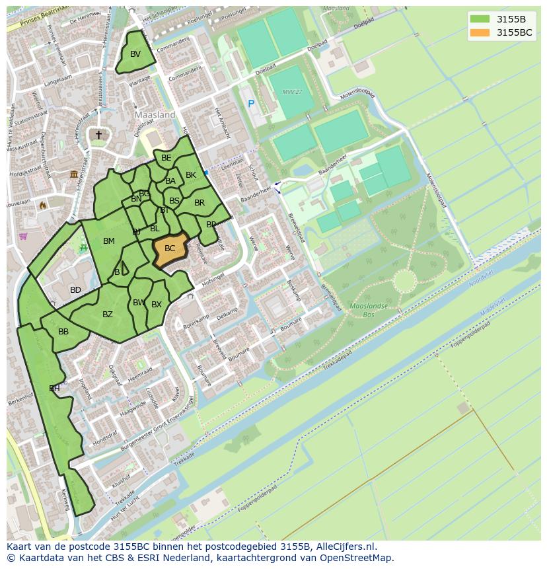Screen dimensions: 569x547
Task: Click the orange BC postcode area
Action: click(x=170, y=249)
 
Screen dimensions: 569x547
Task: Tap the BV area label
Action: click(x=135, y=54)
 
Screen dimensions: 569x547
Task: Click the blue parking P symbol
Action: click(x=250, y=103)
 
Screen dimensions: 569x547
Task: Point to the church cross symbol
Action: click(x=98, y=135)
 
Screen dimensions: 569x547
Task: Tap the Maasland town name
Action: click(x=155, y=114)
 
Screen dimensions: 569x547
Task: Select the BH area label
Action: click(x=54, y=389)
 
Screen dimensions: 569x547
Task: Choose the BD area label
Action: click(x=75, y=290)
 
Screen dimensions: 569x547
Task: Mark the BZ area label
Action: click(x=108, y=315)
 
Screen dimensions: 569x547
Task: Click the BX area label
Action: click(x=157, y=305)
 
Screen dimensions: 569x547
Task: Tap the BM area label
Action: click(x=109, y=241)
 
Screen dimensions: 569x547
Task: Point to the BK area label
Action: click(x=191, y=175)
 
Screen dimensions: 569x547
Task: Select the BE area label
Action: click(x=166, y=158)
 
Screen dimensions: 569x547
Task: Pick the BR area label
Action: click(x=200, y=203)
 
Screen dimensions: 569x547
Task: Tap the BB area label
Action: click(x=63, y=332)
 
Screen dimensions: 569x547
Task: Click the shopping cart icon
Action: click(x=23, y=236)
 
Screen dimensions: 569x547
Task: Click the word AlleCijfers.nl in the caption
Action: click(x=346, y=547)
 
